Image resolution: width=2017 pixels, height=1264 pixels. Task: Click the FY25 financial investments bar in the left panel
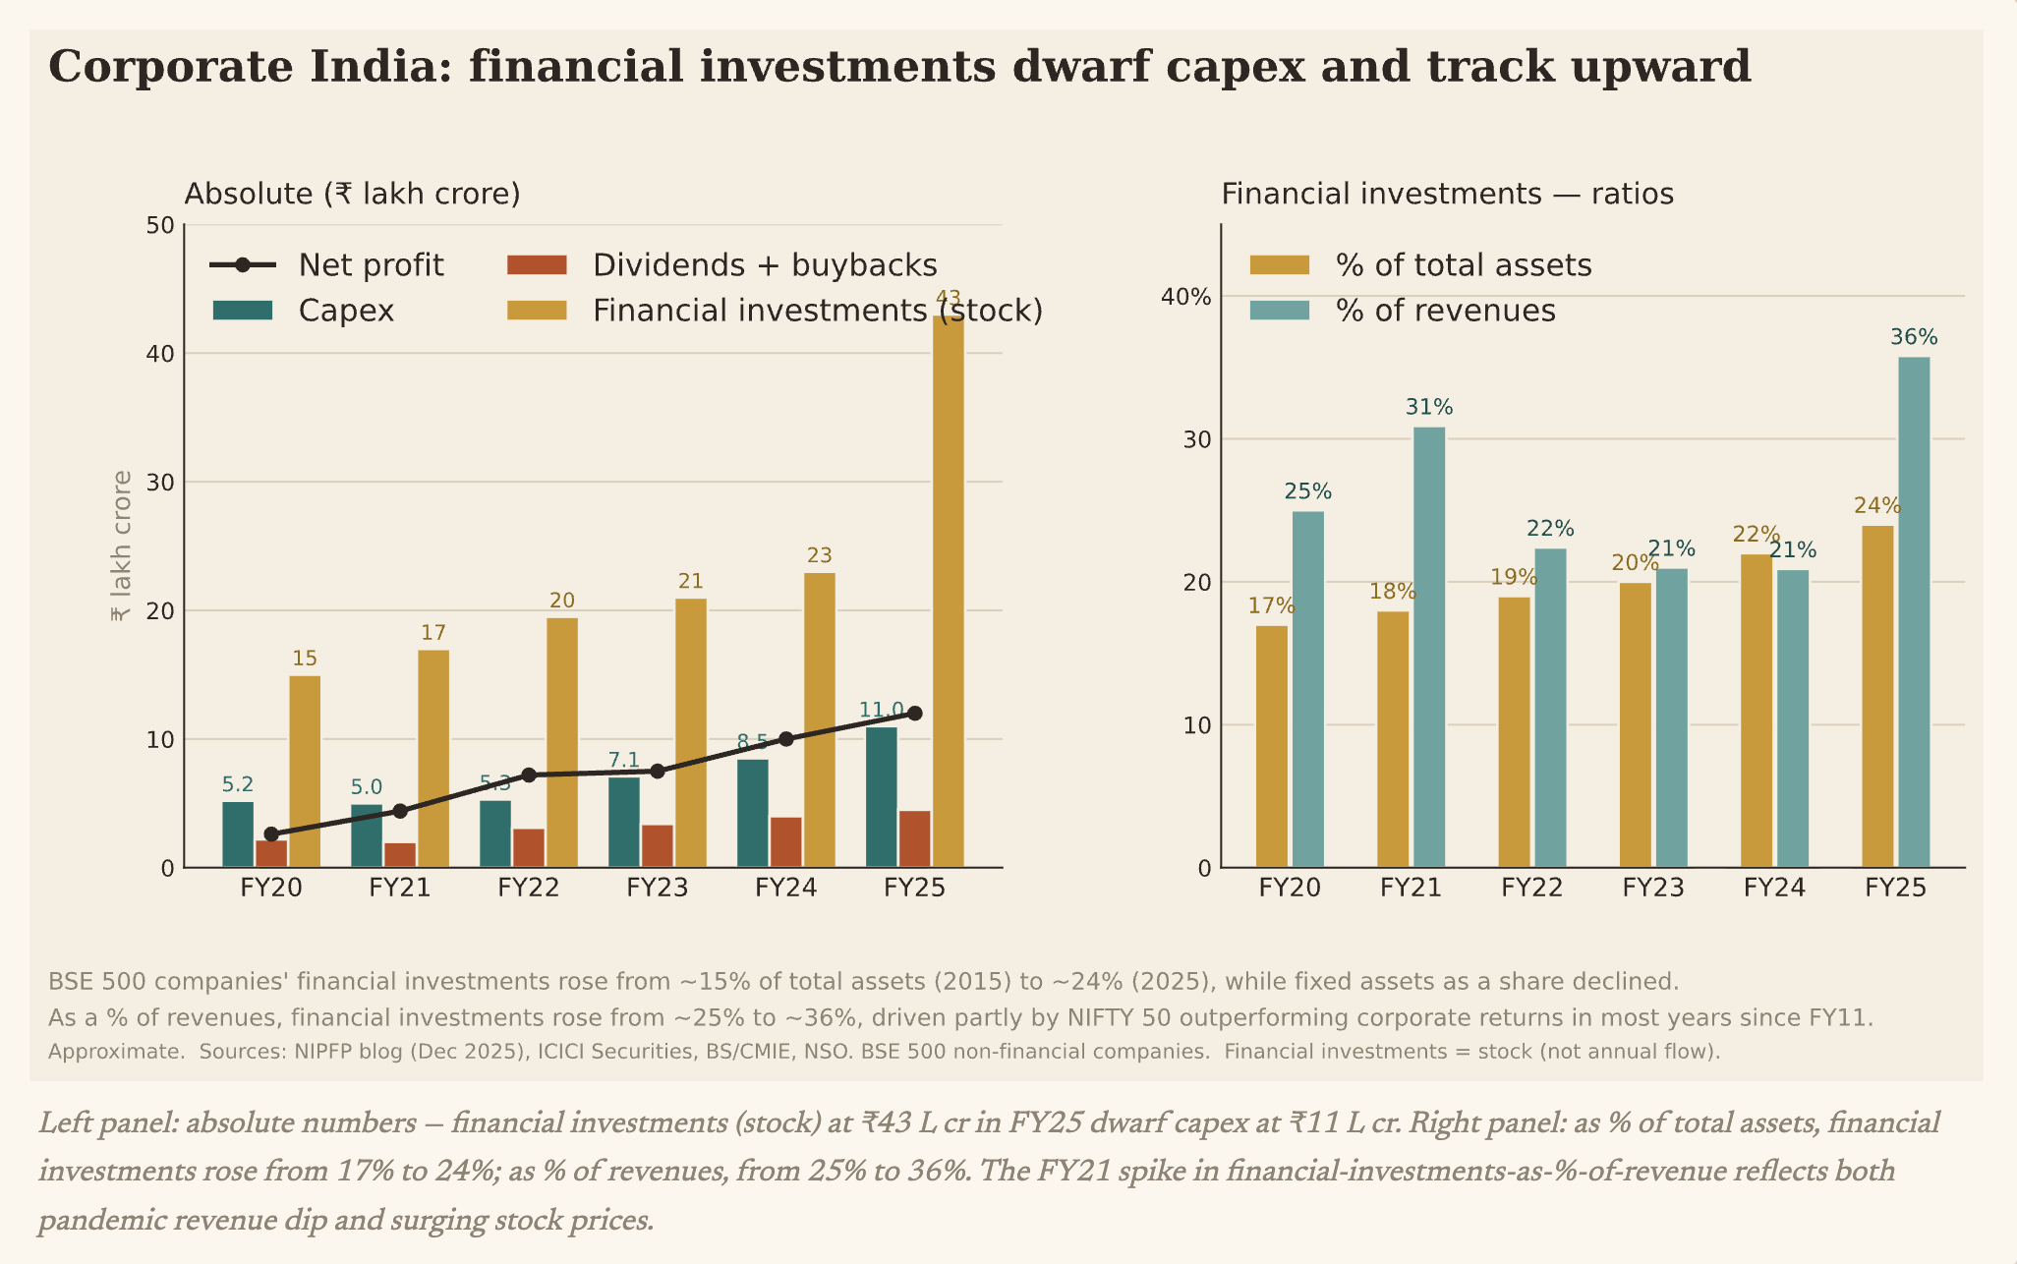(x=948, y=591)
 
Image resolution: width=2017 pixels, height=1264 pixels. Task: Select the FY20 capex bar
(x=238, y=834)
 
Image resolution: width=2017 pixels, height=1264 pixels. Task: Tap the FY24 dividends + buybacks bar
(x=785, y=842)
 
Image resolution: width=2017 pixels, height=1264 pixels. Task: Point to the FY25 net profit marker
(x=914, y=714)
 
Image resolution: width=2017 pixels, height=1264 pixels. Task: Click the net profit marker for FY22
(x=528, y=776)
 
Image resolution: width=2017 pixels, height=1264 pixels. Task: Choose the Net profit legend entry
(x=327, y=265)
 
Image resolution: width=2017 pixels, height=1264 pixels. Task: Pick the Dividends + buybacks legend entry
(x=722, y=265)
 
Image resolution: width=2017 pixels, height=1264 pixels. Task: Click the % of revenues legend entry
(x=1403, y=311)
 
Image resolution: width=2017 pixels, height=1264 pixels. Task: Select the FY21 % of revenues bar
(x=1429, y=647)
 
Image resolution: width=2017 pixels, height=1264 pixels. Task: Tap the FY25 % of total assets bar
(x=1877, y=697)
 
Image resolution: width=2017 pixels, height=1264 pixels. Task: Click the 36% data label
(x=1914, y=337)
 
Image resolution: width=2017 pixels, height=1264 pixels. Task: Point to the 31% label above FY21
(x=1429, y=407)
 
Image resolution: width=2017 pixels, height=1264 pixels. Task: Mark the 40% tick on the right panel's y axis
(x=1186, y=296)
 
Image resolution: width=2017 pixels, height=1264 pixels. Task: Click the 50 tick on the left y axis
(x=160, y=226)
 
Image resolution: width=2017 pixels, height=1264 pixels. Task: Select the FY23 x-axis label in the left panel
(x=658, y=889)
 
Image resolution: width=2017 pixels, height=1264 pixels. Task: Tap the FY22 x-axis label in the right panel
(x=1532, y=889)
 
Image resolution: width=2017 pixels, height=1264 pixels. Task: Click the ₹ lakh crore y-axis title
(x=121, y=546)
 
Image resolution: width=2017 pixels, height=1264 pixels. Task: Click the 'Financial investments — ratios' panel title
(x=1447, y=194)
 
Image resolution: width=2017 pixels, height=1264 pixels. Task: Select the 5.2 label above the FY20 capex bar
(x=238, y=784)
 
